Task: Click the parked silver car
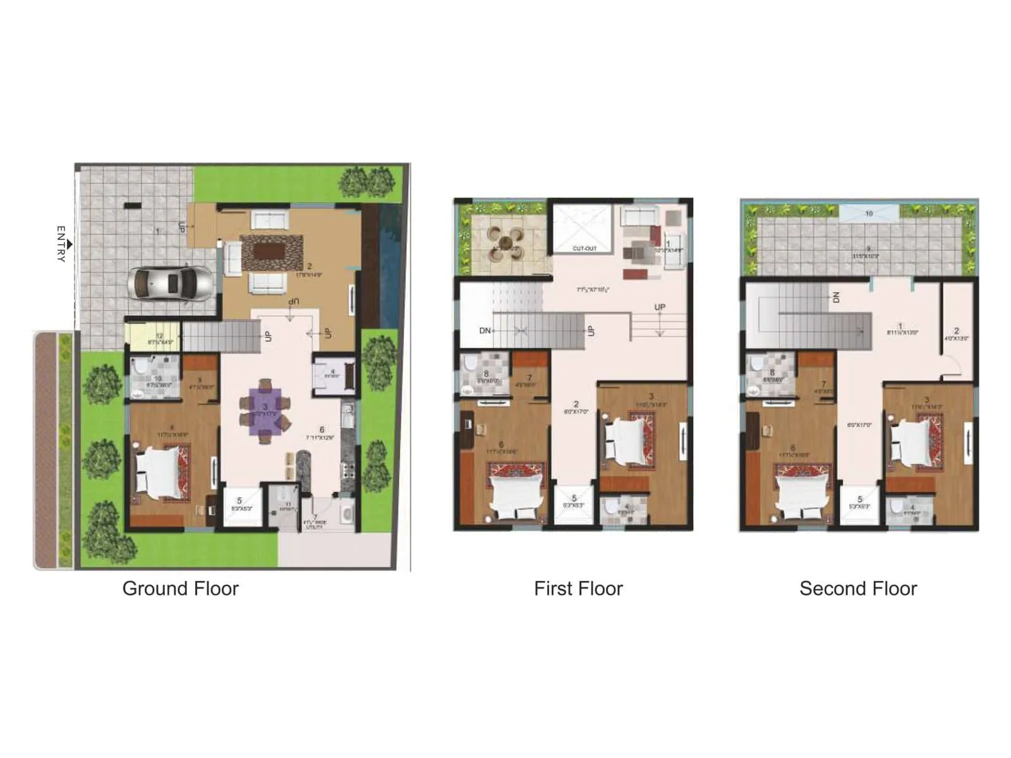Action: tap(169, 284)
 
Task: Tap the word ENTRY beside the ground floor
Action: tap(61, 244)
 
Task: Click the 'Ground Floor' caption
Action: tap(180, 589)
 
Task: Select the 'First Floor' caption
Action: tap(578, 589)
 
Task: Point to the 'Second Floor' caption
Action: tap(857, 589)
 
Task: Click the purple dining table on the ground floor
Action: tap(265, 411)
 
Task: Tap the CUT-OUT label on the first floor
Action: tap(584, 249)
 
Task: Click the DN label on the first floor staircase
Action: tap(485, 331)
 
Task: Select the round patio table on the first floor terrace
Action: tap(506, 243)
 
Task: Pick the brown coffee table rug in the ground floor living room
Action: tap(271, 251)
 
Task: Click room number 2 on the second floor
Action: tap(956, 331)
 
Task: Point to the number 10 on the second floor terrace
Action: tap(869, 214)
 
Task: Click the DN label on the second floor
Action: tap(836, 297)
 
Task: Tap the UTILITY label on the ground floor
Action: tap(314, 527)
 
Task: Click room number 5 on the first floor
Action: tap(574, 498)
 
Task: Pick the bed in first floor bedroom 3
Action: tap(626, 436)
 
